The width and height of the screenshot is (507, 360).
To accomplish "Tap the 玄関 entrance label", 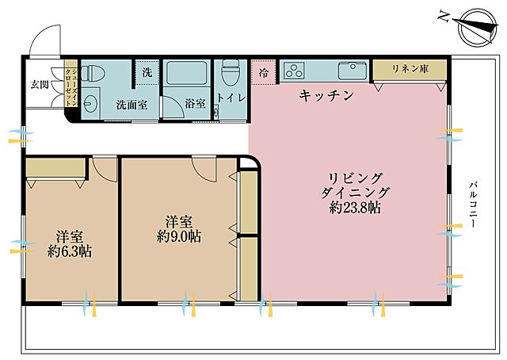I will (x=40, y=83).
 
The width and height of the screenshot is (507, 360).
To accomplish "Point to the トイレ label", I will (x=231, y=98).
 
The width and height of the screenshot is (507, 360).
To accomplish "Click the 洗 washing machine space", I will (x=147, y=71).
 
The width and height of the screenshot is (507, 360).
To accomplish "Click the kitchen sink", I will (x=349, y=71).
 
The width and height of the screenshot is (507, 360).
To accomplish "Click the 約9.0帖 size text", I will (x=177, y=236).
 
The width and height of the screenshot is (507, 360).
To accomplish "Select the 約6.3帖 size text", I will (x=68, y=252).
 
